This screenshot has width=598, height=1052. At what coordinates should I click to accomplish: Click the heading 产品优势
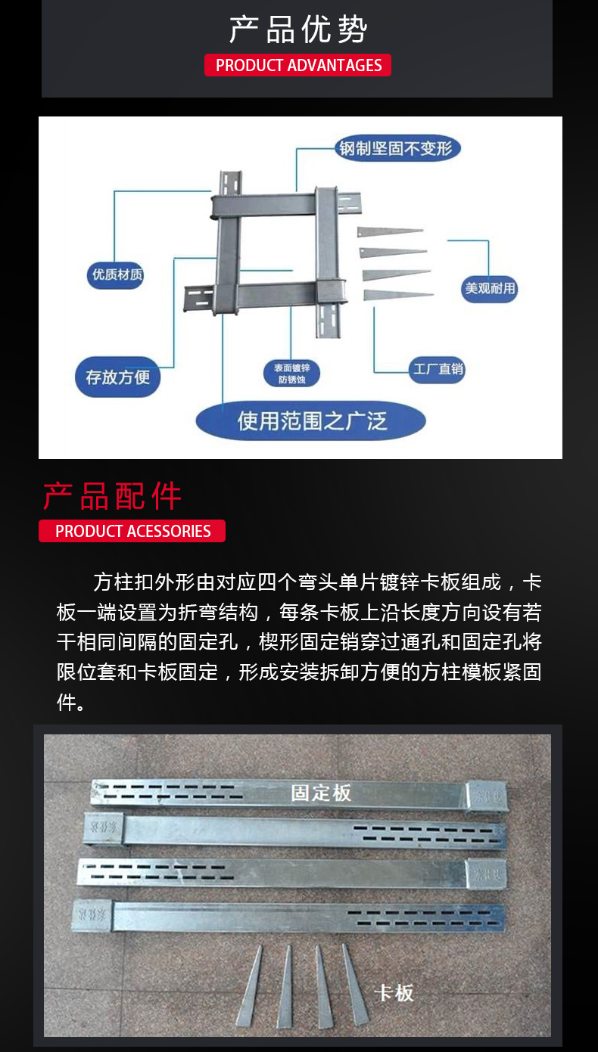pos(298,29)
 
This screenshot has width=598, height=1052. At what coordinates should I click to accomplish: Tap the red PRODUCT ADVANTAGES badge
pos(298,65)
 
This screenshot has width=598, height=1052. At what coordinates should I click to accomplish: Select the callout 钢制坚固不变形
pos(398,148)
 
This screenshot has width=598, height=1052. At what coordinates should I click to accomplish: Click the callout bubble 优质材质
pos(117,274)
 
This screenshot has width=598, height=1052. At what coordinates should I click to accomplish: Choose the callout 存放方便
pos(117,377)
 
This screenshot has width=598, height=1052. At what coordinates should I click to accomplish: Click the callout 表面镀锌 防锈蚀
pos(292,374)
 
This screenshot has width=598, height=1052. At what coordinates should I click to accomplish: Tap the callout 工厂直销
pos(438,369)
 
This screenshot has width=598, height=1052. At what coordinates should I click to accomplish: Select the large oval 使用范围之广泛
pos(311,420)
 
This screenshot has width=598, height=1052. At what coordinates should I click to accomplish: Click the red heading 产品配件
pos(112,496)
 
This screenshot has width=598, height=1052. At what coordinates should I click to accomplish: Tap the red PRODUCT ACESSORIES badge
pos(132,531)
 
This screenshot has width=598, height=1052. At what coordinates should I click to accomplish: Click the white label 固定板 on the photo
pos(321,793)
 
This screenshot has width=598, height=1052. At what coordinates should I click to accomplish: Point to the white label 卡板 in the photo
pos(394,992)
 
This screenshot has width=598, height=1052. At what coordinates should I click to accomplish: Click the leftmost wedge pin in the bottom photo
pos(251,987)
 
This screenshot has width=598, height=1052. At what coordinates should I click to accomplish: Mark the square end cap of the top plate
pos(485,796)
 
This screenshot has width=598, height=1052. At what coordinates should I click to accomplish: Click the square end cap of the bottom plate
pos(92,914)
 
